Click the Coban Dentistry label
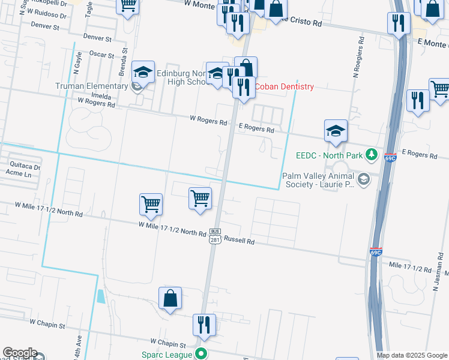click(x=284, y=86)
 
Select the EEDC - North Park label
click(x=331, y=155)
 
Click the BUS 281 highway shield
click(x=215, y=236)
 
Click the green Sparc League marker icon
click(x=202, y=354)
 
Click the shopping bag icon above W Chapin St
click(x=170, y=298)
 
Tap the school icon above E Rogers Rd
click(x=336, y=130)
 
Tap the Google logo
click(x=19, y=353)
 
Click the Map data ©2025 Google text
click(x=412, y=355)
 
